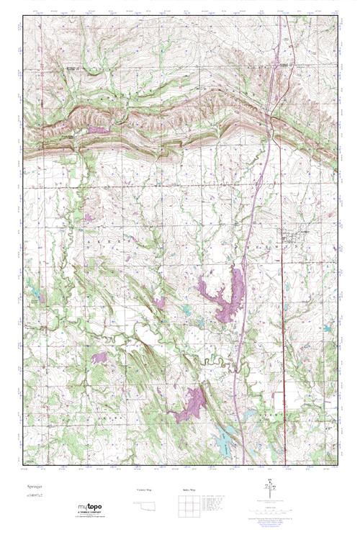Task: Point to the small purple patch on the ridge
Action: tap(97, 130)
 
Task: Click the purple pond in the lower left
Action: tap(99, 357)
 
